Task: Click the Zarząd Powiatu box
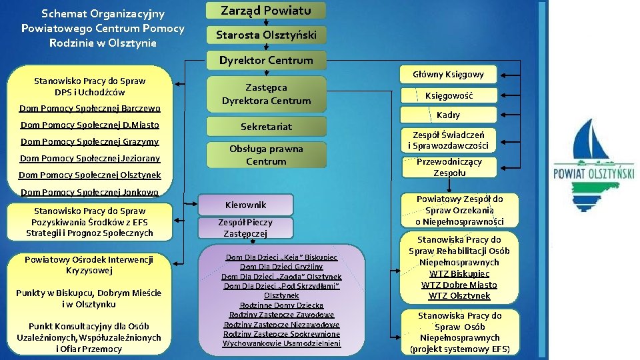pos(266,11)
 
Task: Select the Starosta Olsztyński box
pos(266,35)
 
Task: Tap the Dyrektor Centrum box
pos(266,60)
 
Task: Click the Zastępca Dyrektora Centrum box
pos(266,94)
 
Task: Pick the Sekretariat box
pos(266,126)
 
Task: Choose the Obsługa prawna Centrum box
pos(266,155)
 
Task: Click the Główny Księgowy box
pos(448,74)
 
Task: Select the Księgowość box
pos(449,95)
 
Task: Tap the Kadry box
pos(448,115)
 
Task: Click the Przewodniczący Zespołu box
pos(449,167)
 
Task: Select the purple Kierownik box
pos(245,205)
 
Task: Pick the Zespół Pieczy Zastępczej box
pos(245,228)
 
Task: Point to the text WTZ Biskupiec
pos(459,273)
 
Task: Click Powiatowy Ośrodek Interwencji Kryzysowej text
pos(89,265)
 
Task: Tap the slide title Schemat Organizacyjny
pos(103,13)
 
